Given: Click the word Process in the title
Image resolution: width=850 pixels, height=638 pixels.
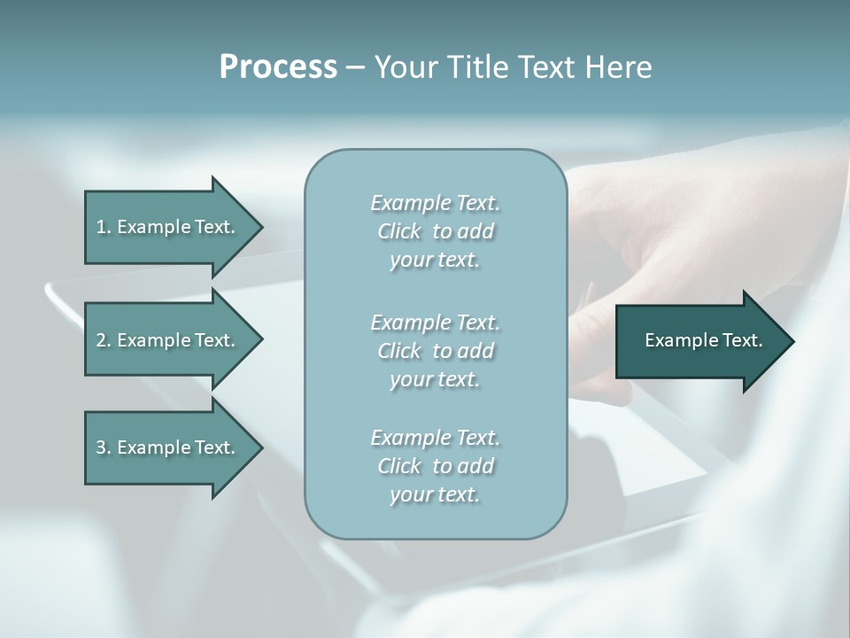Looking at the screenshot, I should pyautogui.click(x=278, y=67).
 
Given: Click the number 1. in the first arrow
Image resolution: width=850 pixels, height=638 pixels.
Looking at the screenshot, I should pyautogui.click(x=104, y=227).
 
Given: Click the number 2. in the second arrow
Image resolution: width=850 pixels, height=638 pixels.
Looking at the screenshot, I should pyautogui.click(x=104, y=340).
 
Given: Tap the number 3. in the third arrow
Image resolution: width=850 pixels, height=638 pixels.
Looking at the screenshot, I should pyautogui.click(x=104, y=447).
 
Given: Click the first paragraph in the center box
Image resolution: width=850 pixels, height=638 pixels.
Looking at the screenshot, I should pyautogui.click(x=435, y=231).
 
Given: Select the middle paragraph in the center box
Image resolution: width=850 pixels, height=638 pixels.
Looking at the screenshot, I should pyautogui.click(x=435, y=351).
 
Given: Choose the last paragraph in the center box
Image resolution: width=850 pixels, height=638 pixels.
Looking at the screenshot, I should pyautogui.click(x=435, y=466).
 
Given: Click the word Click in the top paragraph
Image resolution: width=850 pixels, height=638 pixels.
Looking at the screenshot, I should pyautogui.click(x=399, y=231).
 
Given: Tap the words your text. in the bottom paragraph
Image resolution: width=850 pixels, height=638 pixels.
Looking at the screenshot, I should pyautogui.click(x=435, y=494).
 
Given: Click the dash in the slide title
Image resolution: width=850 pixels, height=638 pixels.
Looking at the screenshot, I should pyautogui.click(x=355, y=67).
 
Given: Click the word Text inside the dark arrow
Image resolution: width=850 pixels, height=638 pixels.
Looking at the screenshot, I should pyautogui.click(x=743, y=340).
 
